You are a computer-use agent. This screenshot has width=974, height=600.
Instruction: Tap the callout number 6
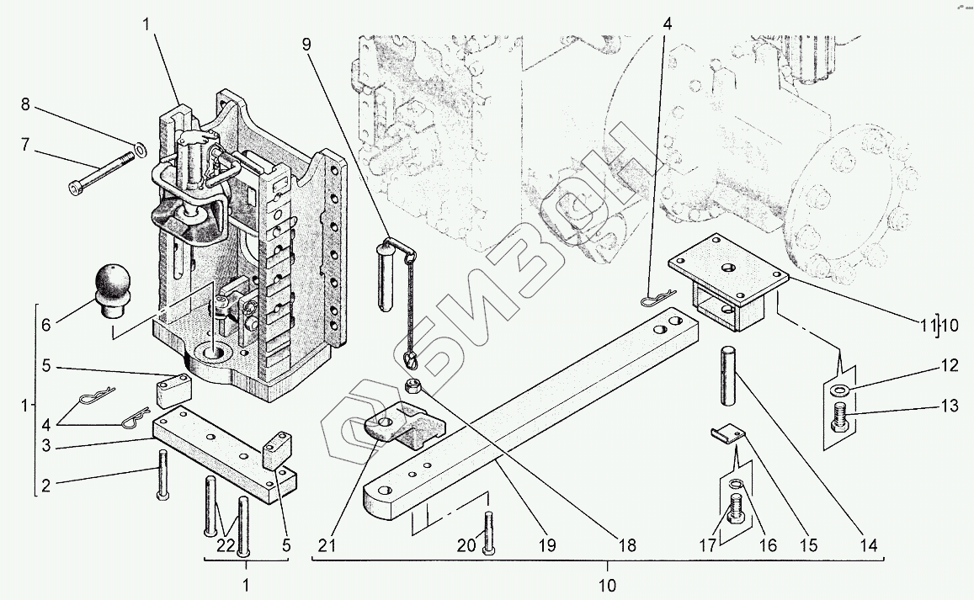point(45,324)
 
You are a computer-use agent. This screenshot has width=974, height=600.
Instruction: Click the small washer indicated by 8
point(140,149)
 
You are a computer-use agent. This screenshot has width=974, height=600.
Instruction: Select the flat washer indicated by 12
point(838,390)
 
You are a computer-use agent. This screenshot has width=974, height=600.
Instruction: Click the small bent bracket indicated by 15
point(727,434)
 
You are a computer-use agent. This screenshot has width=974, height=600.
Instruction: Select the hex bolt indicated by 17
point(733,509)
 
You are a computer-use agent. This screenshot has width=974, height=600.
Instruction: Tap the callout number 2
point(46,484)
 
